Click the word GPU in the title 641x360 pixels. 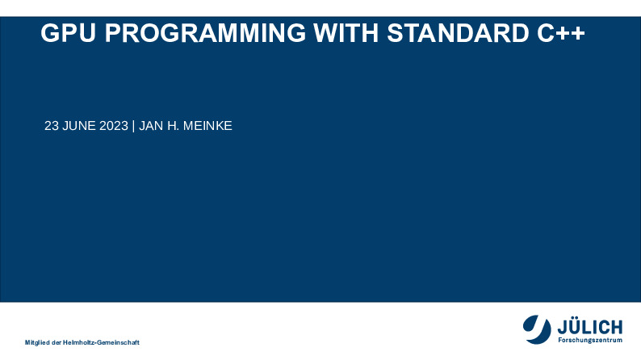point(69,32)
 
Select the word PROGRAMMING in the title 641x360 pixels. point(205,32)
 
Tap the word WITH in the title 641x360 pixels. point(346,32)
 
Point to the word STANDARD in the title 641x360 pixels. point(458,32)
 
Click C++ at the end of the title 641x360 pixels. point(561,32)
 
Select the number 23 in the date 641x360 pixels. point(51,126)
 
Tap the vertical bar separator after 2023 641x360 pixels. point(134,126)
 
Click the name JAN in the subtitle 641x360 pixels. point(151,126)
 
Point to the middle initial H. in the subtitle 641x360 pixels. point(174,126)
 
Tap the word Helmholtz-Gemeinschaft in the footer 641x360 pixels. point(101,342)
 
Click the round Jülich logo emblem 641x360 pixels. point(537,329)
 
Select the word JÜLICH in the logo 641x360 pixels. point(590,327)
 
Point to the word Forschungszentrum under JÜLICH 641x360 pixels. point(590,340)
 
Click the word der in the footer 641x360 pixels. point(57,342)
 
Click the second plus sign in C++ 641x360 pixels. point(577,33)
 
